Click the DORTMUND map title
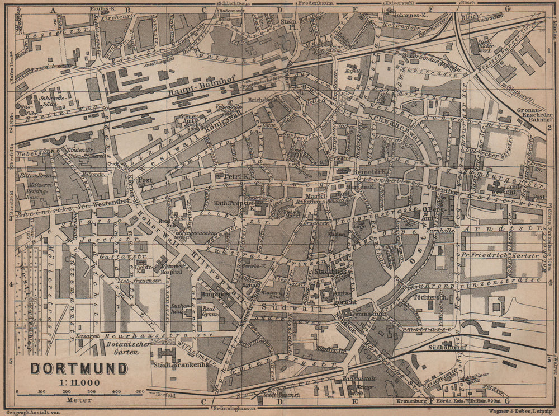point(78,369)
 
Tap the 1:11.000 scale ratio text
point(78,382)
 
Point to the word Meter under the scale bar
point(78,400)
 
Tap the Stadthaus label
point(327,272)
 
